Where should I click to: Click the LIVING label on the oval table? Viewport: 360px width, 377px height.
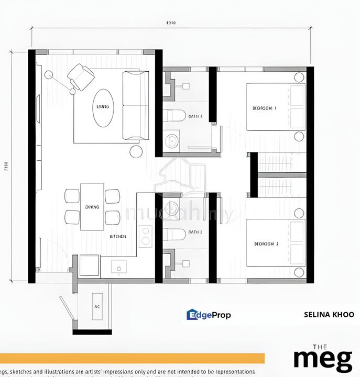coord(103,107)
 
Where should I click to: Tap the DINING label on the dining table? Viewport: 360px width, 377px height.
coord(92,207)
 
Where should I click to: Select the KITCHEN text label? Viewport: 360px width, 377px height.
coord(117,237)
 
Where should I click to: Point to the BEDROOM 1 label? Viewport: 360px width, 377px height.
coord(265,108)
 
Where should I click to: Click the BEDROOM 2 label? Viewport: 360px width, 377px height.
coord(266,244)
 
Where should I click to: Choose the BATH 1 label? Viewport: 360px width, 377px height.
coord(195,116)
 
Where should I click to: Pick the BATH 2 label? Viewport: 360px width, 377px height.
coord(195,231)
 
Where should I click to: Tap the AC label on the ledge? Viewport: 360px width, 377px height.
coord(97,307)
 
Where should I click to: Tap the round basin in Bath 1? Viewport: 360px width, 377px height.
coord(171,140)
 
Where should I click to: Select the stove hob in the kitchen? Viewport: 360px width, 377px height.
coord(145,235)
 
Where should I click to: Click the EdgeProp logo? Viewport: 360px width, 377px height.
coord(209,315)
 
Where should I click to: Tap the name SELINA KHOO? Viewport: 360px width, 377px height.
coord(329,315)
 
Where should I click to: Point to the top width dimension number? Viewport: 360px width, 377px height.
coord(170,23)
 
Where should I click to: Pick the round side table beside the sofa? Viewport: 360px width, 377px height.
coord(136,151)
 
